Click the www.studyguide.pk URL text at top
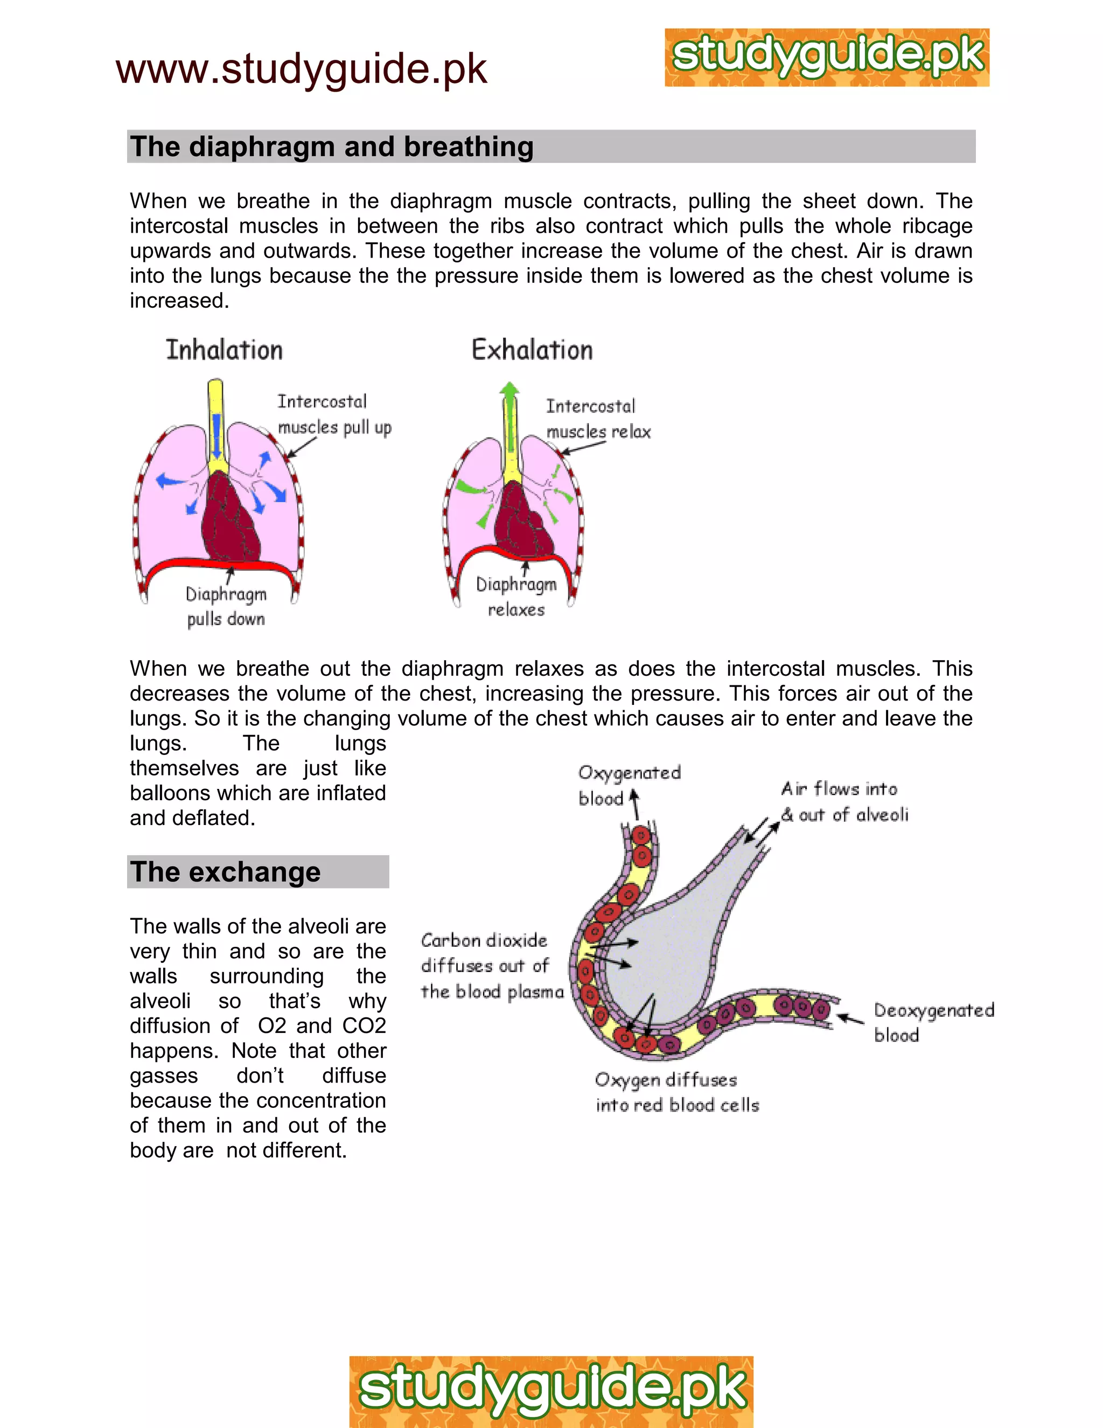point(301,70)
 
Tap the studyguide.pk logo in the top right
point(827,58)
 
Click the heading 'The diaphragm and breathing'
point(332,147)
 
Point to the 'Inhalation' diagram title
point(224,350)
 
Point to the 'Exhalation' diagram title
point(532,350)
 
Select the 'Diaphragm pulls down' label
point(226,606)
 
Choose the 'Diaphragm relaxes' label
point(516,597)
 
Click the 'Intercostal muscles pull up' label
point(334,414)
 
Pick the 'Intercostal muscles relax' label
point(598,419)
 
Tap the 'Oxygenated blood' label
point(629,785)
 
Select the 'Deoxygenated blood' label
point(934,1023)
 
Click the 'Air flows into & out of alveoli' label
point(844,802)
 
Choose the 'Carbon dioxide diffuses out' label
point(491,966)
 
